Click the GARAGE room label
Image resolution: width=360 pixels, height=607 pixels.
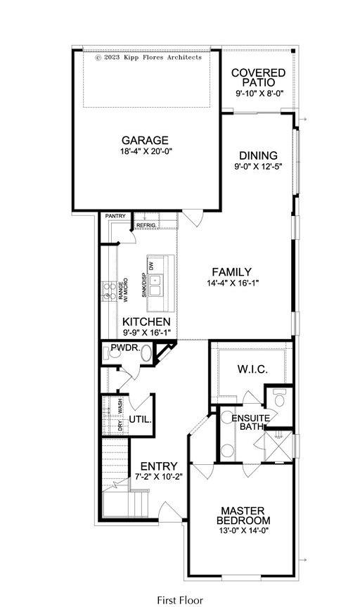[145, 140]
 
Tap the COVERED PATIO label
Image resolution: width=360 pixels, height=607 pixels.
[258, 77]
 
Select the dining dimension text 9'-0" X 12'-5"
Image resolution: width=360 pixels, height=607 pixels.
[258, 167]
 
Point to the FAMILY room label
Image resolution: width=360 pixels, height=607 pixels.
[232, 271]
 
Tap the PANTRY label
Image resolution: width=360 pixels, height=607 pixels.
[115, 216]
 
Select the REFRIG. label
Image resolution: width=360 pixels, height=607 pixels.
[146, 225]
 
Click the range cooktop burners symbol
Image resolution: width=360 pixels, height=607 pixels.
[109, 291]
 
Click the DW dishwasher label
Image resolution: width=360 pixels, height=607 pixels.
[151, 266]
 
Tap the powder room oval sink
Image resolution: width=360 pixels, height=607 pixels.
[146, 353]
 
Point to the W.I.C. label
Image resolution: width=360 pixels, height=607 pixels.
[252, 369]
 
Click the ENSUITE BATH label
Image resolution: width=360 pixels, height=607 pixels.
[250, 422]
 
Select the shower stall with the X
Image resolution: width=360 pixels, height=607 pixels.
[278, 446]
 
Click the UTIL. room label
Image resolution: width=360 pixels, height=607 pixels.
[140, 419]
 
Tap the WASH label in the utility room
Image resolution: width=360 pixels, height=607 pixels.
[120, 406]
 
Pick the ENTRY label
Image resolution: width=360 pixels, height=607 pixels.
[159, 466]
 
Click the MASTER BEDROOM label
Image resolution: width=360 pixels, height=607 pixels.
[243, 516]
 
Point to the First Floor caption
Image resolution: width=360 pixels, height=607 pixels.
[180, 600]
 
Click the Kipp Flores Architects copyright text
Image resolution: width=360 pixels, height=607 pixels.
[148, 57]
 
